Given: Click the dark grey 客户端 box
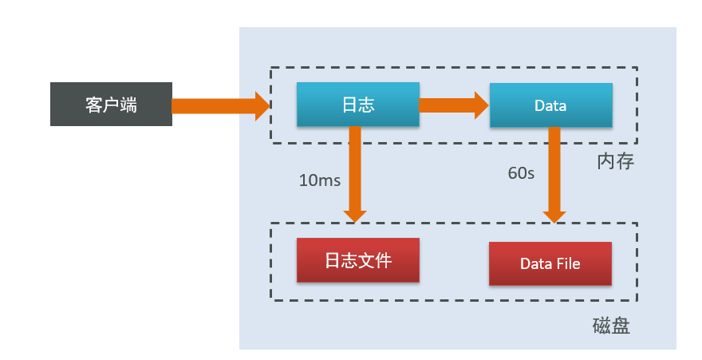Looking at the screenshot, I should pyautogui.click(x=111, y=105).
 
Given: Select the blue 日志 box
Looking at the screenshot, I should pyautogui.click(x=357, y=105).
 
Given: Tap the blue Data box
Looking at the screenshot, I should pyautogui.click(x=550, y=105).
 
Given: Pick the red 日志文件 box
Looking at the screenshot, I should pyautogui.click(x=357, y=261).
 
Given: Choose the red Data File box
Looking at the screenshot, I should pyautogui.click(x=550, y=263).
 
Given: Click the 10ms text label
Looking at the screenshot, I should pyautogui.click(x=319, y=180).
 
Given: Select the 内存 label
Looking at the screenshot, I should pyautogui.click(x=615, y=162).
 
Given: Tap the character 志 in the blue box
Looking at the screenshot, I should pyautogui.click(x=366, y=105).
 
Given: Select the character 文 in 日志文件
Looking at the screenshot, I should pyautogui.click(x=366, y=261).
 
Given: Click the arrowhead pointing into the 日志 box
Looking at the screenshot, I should pyautogui.click(x=262, y=105).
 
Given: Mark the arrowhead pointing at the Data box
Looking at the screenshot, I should pyautogui.click(x=481, y=105).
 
